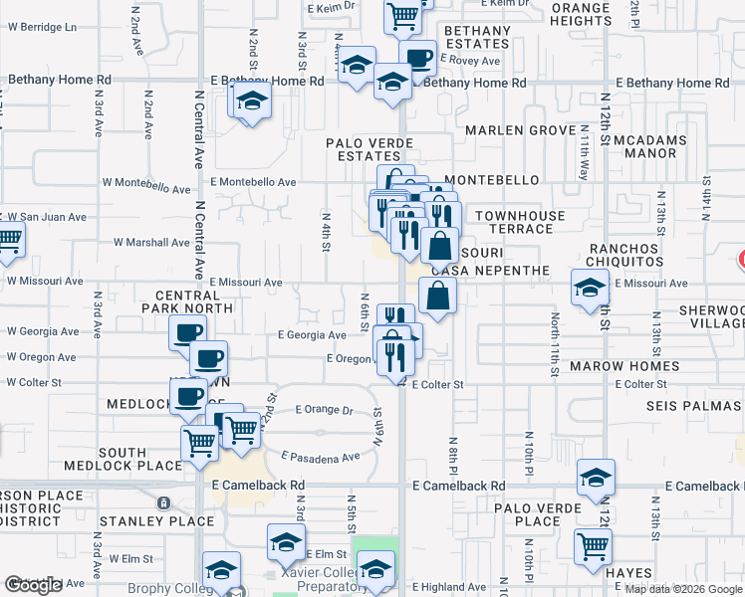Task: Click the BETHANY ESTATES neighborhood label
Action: click(477, 38)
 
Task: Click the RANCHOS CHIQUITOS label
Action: click(638, 255)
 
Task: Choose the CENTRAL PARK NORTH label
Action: click(194, 301)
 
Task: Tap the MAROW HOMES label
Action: click(624, 366)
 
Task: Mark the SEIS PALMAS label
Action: click(693, 406)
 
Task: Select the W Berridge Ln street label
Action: click(42, 27)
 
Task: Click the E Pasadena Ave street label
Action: click(321, 456)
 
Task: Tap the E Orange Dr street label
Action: click(325, 410)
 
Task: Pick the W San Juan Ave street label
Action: click(47, 216)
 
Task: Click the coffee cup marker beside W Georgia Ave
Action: click(186, 332)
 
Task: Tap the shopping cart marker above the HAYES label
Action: click(593, 545)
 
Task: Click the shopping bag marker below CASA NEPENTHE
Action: click(437, 295)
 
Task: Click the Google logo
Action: click(33, 585)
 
